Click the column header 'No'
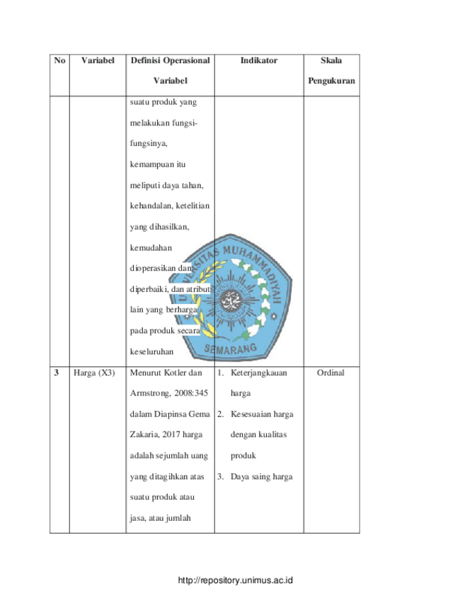click(x=59, y=60)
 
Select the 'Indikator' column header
click(x=259, y=60)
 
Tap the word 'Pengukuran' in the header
click(x=331, y=81)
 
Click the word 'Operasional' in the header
click(x=186, y=61)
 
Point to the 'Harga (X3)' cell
click(x=94, y=373)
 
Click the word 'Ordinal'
click(x=330, y=373)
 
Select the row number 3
click(x=57, y=373)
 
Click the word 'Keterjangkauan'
click(x=259, y=373)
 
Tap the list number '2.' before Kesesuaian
click(x=221, y=414)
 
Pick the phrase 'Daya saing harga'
click(x=262, y=477)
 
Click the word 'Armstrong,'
click(x=150, y=393)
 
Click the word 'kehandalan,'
click(x=152, y=206)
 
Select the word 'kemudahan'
click(x=151, y=248)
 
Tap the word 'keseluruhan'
click(x=152, y=352)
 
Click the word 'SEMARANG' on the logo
click(x=231, y=349)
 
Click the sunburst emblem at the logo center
click(x=231, y=300)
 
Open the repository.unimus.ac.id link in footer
click(x=236, y=580)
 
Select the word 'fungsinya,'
click(x=149, y=144)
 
